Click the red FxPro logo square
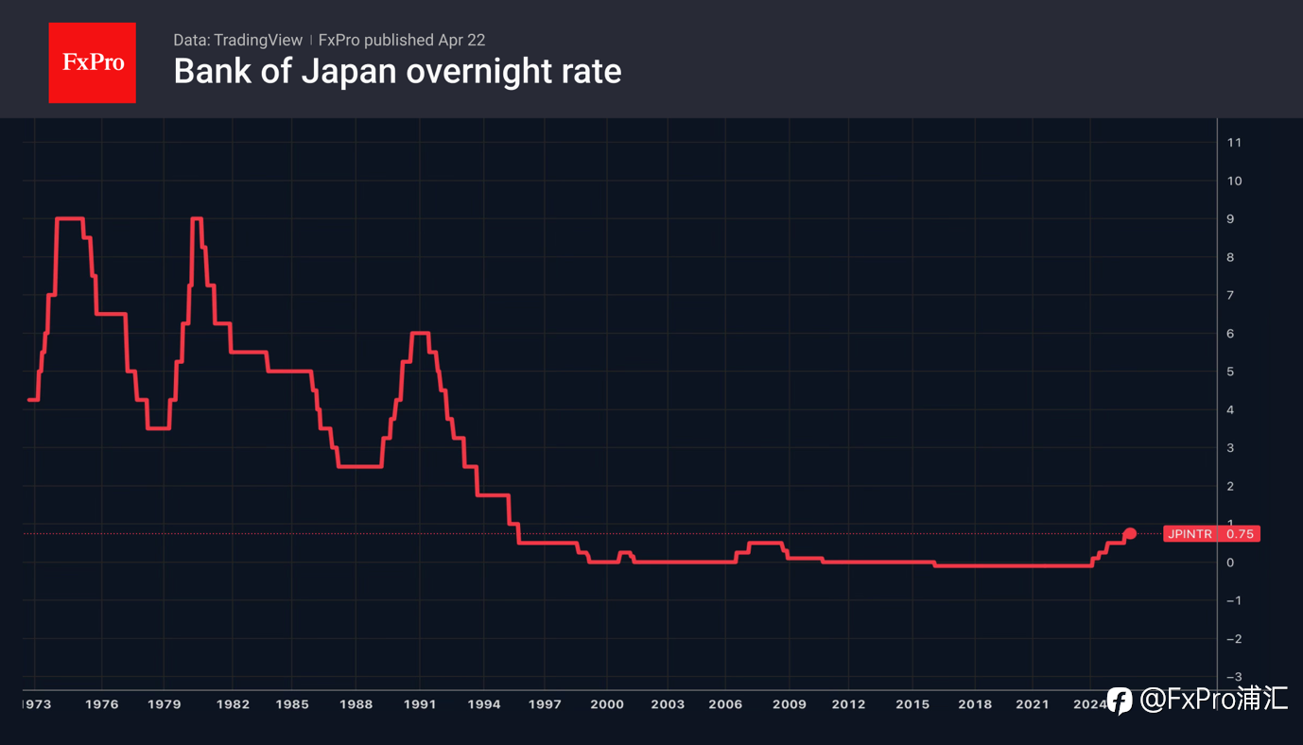[92, 62]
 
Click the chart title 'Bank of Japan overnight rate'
[397, 71]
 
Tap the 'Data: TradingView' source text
[237, 40]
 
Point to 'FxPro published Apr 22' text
[402, 40]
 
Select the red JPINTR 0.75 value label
[1211, 534]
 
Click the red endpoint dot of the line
[1130, 534]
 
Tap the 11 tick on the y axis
[1233, 143]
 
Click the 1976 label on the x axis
[101, 704]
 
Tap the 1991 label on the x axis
[420, 704]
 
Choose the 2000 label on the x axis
[606, 704]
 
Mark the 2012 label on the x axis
[848, 704]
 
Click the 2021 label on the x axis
[1033, 704]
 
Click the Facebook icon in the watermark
[1120, 701]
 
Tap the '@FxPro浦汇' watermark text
[1214, 700]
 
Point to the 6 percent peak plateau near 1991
[421, 333]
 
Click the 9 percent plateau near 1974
[70, 218]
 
